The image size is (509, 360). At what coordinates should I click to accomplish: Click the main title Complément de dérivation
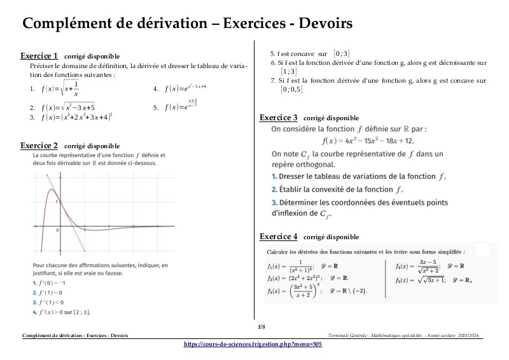coord(187,24)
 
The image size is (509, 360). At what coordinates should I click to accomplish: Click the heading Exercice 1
coord(39,55)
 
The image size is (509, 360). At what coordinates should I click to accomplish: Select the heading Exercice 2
coord(39,146)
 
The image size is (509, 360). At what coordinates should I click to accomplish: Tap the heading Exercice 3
coord(278,118)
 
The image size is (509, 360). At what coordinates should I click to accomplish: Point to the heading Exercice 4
coord(278,237)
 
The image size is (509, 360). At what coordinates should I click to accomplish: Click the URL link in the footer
coord(253,343)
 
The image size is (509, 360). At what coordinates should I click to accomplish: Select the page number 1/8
coord(261,327)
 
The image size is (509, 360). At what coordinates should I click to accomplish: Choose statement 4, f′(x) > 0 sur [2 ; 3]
coord(62,312)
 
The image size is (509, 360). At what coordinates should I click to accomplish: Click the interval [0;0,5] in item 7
coord(291,90)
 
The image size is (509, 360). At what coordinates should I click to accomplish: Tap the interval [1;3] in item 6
coord(288,71)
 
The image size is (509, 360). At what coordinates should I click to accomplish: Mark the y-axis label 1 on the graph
coord(57,201)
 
